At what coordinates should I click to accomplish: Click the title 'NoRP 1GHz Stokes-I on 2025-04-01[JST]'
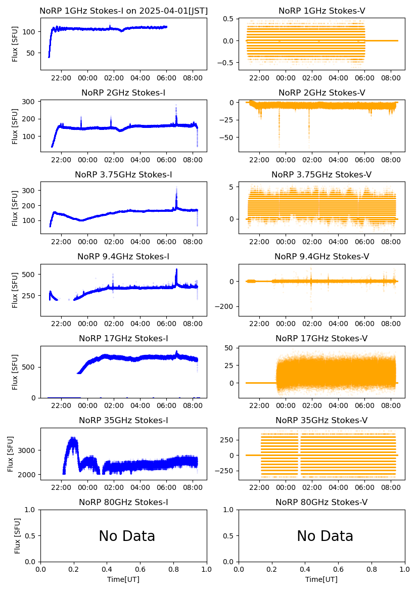(x=123, y=11)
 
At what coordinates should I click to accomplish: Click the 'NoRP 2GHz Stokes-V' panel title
(x=321, y=93)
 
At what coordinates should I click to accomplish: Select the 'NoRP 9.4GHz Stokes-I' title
(x=123, y=256)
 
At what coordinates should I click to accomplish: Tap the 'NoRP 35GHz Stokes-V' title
(x=321, y=420)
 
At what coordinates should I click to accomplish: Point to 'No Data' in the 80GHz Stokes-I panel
(x=127, y=536)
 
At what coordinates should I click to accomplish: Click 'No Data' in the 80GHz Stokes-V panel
(x=325, y=536)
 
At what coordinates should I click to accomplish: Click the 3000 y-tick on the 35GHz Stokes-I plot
(x=28, y=450)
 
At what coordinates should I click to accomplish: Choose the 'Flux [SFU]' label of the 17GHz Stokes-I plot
(x=15, y=372)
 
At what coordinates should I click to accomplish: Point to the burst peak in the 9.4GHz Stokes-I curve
(x=176, y=270)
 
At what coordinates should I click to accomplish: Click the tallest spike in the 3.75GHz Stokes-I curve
(x=176, y=188)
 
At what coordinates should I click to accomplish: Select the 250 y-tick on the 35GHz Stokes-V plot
(x=229, y=439)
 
